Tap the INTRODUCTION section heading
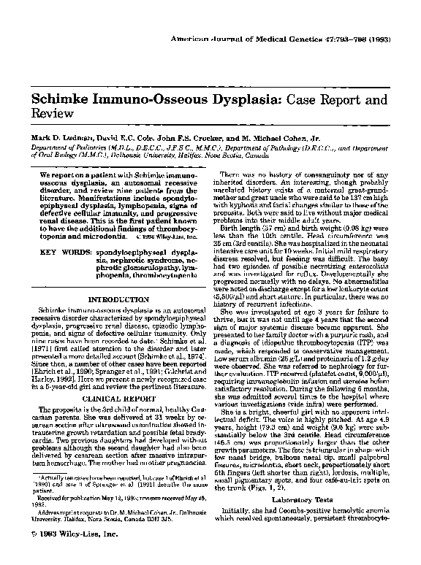[x=118, y=279]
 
